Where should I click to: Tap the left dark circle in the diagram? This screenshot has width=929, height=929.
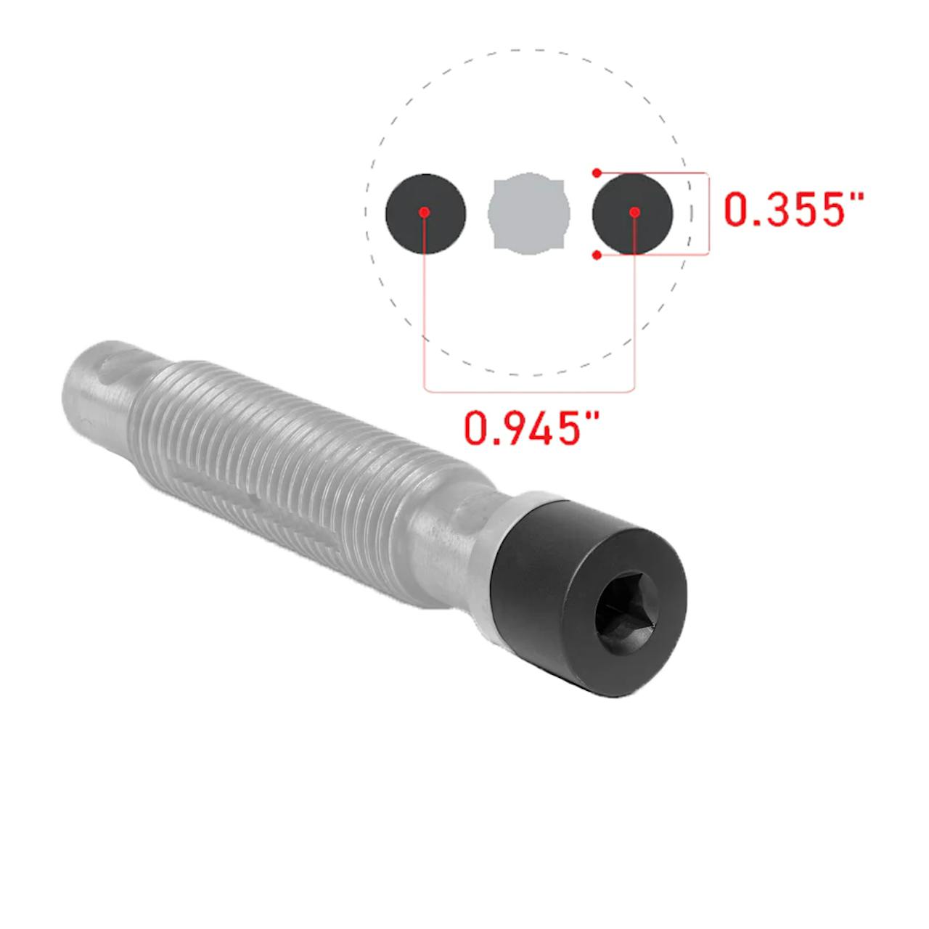[x=425, y=213]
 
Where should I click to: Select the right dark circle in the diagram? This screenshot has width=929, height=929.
[x=632, y=213]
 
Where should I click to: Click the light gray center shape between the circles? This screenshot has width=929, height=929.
[x=529, y=213]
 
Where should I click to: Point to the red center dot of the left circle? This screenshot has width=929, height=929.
[x=425, y=212]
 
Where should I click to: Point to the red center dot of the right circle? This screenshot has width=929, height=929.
[x=634, y=212]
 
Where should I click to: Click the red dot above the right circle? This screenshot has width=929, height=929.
[x=597, y=173]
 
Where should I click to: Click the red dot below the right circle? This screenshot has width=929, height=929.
[x=597, y=255]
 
